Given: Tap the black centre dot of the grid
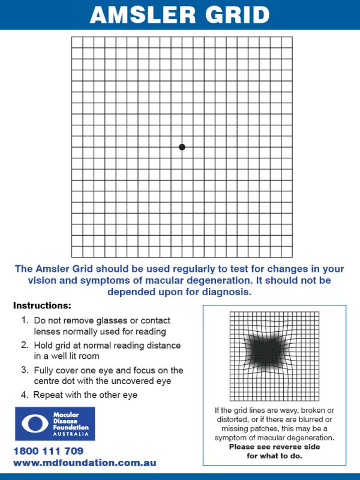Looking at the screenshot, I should click(x=182, y=147).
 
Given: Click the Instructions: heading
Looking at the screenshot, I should click(x=42, y=306).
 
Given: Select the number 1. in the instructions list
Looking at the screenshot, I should click(x=25, y=321).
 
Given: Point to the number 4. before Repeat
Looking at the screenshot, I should click(x=25, y=395).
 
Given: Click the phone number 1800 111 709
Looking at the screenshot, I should click(x=48, y=451).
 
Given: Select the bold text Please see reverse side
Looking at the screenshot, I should click(x=274, y=448).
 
